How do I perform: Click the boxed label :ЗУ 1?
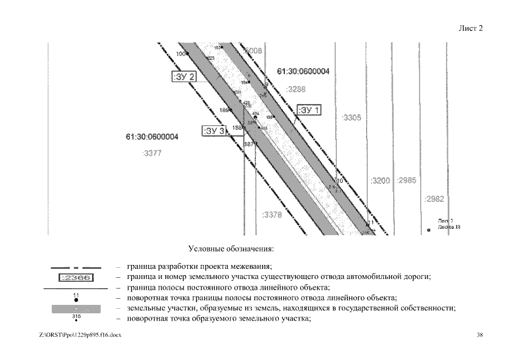click(x=309, y=110)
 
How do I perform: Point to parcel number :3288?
click(x=295, y=89)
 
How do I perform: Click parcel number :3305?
click(x=352, y=118)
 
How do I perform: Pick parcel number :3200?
click(x=380, y=181)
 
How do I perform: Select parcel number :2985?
click(x=406, y=181)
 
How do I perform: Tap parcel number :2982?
click(x=434, y=199)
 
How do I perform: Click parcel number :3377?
click(x=152, y=153)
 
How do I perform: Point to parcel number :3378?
click(x=272, y=214)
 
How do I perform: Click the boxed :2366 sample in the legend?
click(x=76, y=277)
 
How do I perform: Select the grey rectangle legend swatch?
click(x=76, y=308)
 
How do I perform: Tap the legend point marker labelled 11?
click(x=76, y=300)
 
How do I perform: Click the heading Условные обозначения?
click(x=231, y=247)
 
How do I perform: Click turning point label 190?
click(x=181, y=54)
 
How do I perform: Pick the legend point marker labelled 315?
click(x=76, y=320)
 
